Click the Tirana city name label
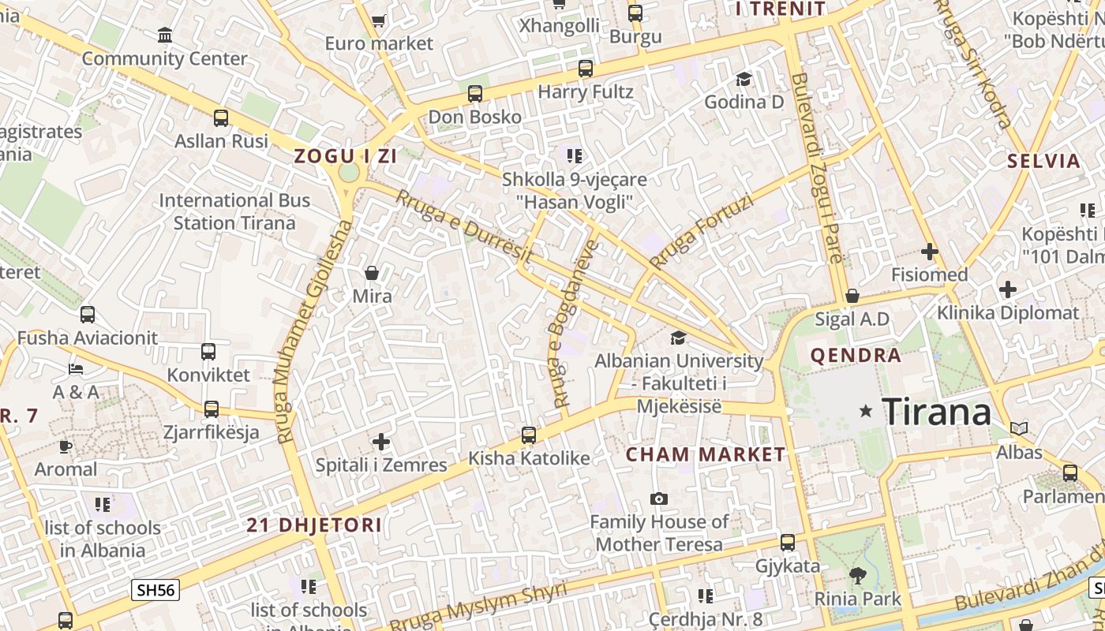coord(936,412)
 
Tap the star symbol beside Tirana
coord(866,411)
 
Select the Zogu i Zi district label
coord(345,155)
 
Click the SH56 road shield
coord(155,589)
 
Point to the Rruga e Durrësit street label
coord(463,226)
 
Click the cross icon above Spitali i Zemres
coord(381,442)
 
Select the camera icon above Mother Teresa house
coord(658,498)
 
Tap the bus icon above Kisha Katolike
coord(529,435)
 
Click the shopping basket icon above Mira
coord(372,273)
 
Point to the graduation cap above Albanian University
coord(678,338)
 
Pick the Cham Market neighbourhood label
coord(706,454)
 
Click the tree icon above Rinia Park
coord(857,576)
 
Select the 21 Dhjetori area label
coord(313,525)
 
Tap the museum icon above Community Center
coord(165,35)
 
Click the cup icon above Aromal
coord(66,446)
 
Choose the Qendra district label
coord(856,355)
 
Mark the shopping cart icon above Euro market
coord(378,21)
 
